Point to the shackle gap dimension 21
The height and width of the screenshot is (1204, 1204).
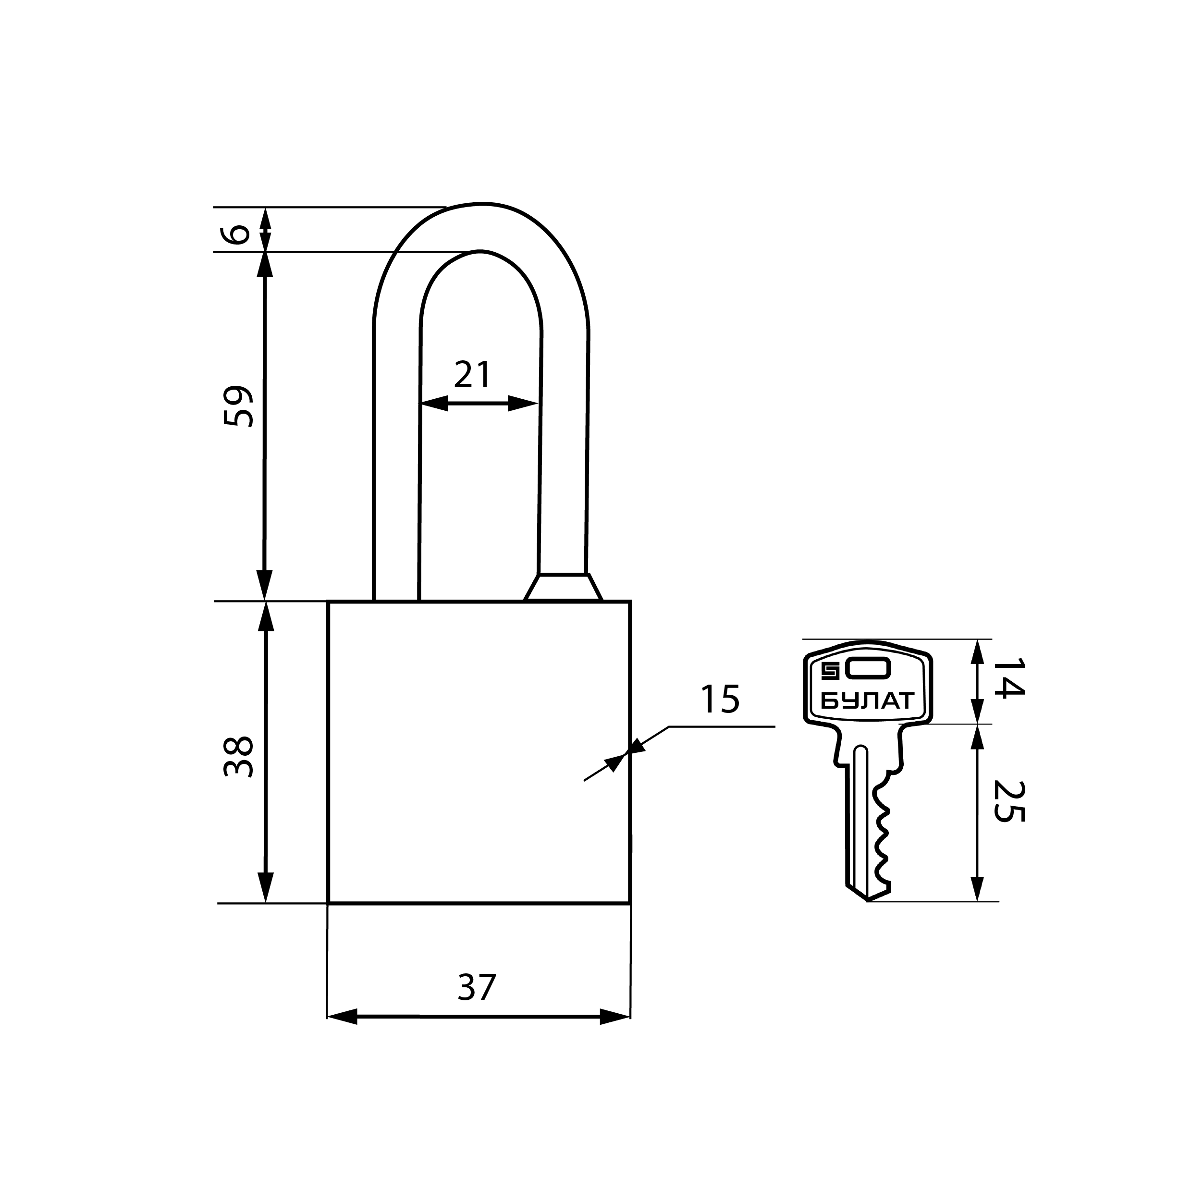click(x=473, y=375)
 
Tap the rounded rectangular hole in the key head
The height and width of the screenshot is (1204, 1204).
click(x=868, y=669)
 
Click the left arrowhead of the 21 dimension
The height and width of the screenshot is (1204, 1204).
click(x=434, y=403)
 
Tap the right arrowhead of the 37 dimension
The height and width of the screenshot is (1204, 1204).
click(x=615, y=1017)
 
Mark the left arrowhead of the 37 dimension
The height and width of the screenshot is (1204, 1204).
click(x=342, y=1017)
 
